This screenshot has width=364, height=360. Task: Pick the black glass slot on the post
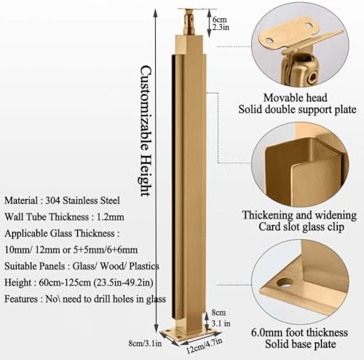click(x=178, y=182)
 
